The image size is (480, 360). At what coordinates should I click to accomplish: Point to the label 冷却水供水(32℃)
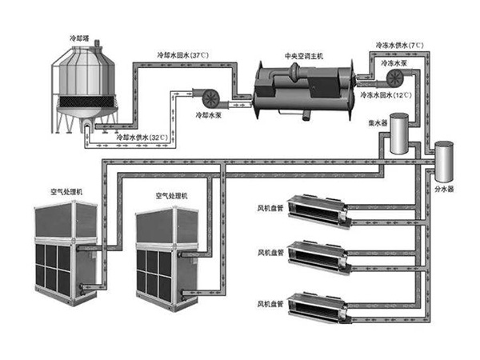click(142, 138)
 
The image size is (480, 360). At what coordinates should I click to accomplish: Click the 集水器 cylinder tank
click(397, 136)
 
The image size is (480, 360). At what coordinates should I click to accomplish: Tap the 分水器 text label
click(444, 190)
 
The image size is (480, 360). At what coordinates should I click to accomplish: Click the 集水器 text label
click(379, 124)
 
